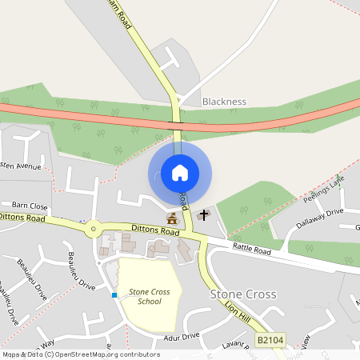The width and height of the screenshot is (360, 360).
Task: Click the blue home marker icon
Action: [x=180, y=172]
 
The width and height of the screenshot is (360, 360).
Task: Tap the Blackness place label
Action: [x=224, y=102]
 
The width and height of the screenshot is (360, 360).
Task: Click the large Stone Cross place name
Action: [x=243, y=294]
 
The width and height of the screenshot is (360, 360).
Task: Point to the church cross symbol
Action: [x=204, y=214]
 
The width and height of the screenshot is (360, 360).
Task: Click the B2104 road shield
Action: [x=270, y=341]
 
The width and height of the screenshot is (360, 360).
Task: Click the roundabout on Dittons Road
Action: [x=94, y=229]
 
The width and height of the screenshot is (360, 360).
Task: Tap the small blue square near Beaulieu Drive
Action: [x=114, y=295]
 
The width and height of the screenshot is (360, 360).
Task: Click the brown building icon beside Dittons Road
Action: [x=171, y=218]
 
